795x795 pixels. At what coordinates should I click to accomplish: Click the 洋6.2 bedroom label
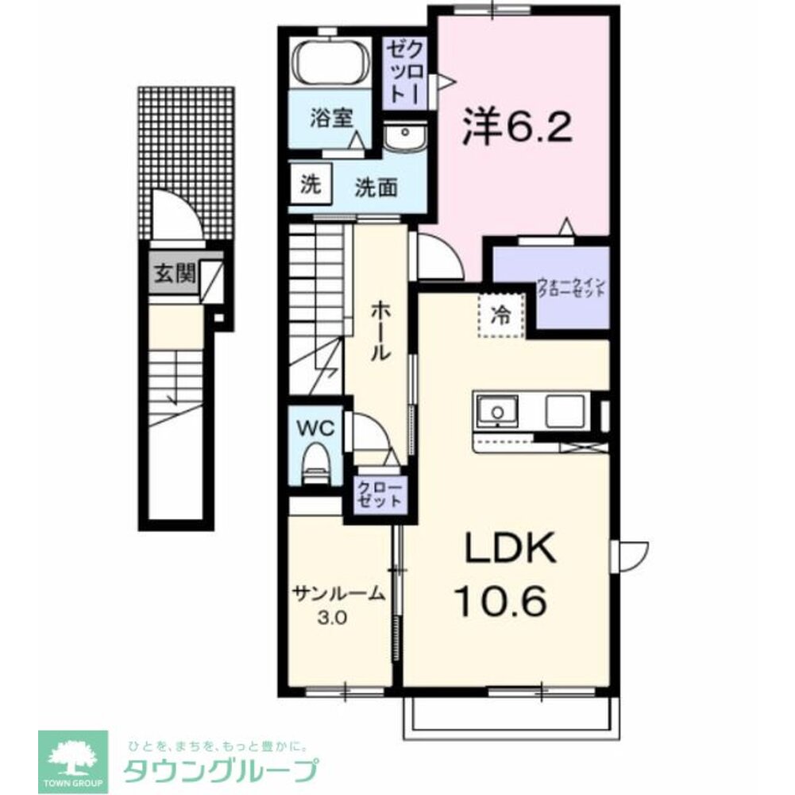517,126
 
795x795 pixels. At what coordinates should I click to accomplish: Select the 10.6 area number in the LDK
500,601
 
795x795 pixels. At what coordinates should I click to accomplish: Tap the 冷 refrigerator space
502,315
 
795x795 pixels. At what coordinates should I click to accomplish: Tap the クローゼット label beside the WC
378,494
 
